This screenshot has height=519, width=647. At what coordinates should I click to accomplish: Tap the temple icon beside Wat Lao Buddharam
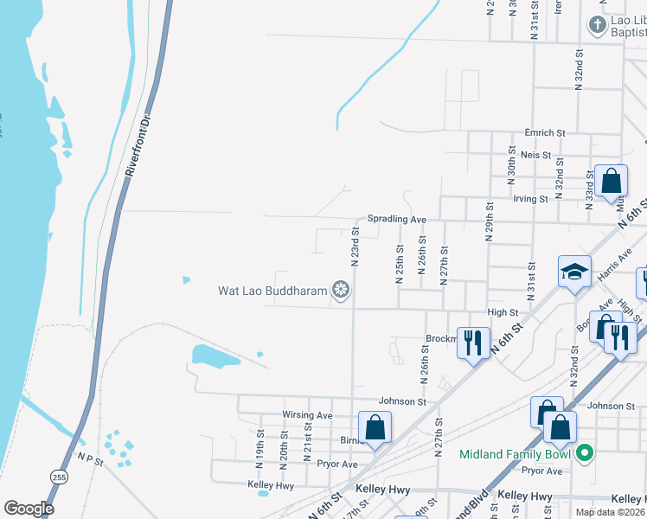click(x=341, y=291)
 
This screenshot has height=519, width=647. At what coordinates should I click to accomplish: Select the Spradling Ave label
click(x=397, y=220)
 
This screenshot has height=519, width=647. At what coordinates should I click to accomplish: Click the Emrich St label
click(x=545, y=133)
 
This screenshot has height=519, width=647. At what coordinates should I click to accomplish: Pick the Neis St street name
click(x=535, y=155)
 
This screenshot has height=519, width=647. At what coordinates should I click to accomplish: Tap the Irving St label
click(x=531, y=199)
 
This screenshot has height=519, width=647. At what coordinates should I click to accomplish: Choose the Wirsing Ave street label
click(x=307, y=415)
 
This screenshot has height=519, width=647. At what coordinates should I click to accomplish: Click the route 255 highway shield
click(x=59, y=477)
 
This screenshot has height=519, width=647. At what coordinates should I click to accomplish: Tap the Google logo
click(x=29, y=509)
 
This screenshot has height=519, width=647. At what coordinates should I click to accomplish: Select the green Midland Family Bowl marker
click(x=584, y=453)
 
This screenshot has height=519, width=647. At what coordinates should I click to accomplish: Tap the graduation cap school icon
click(x=574, y=272)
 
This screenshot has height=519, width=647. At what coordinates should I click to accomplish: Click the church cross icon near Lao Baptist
click(x=597, y=24)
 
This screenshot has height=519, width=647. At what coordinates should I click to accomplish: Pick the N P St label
click(x=90, y=458)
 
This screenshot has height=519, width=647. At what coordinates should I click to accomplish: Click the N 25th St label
click(x=400, y=259)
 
